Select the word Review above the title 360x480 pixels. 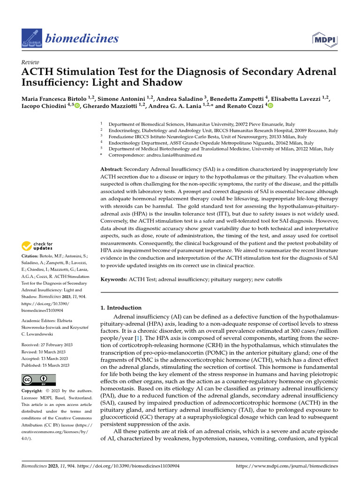tap(30, 62)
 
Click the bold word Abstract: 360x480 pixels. tap(114, 169)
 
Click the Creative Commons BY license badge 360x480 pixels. tap(38, 380)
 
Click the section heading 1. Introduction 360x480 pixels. tap(121, 308)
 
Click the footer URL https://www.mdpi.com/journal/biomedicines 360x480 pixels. tap(287, 466)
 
